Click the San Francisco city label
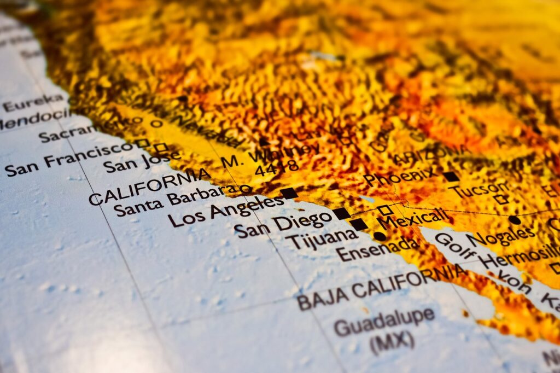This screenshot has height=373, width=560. [x=68, y=159]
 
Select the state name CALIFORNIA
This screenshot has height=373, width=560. [x=149, y=186]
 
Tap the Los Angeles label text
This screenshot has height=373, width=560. [x=225, y=211]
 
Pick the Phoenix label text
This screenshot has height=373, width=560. [x=400, y=176]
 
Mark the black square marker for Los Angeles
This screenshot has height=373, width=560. [x=289, y=193]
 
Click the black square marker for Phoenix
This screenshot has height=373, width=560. [x=451, y=177]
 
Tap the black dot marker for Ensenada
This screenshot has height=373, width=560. [x=379, y=236]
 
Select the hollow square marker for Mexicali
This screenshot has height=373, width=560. [x=384, y=210]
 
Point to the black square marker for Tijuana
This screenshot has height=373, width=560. [x=359, y=224]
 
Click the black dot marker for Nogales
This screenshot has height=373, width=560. [x=514, y=220]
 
